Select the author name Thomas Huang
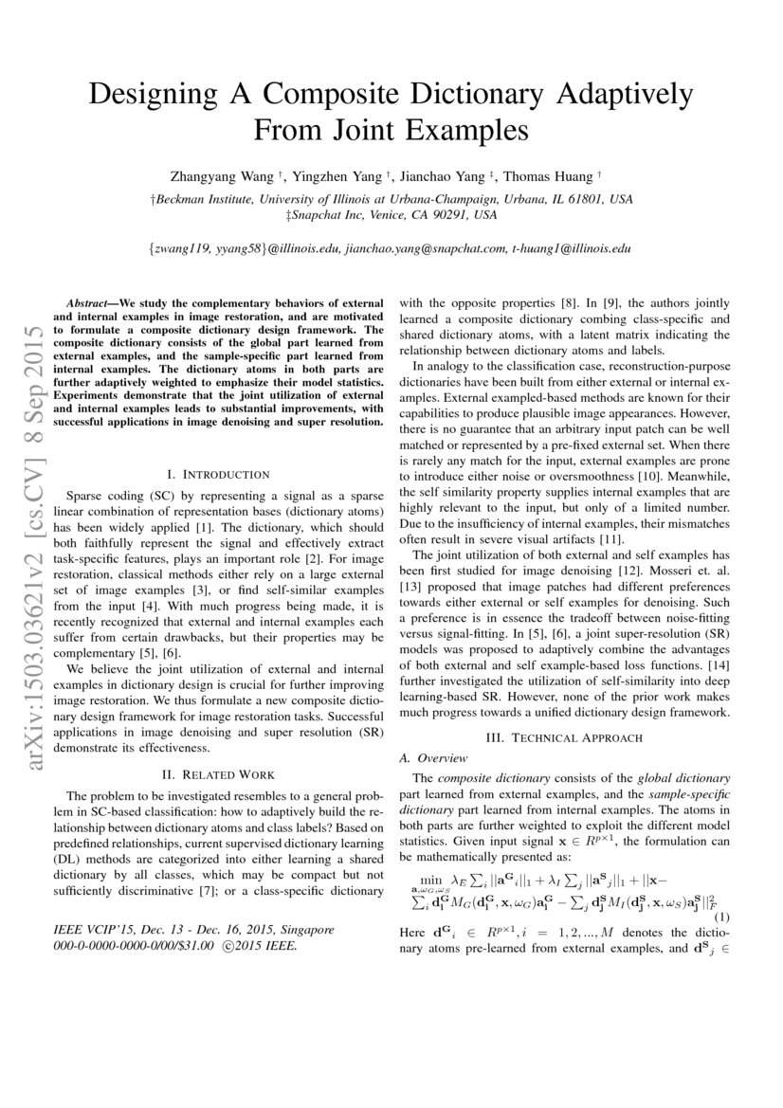[x=542, y=176]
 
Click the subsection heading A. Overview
[x=433, y=757]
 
